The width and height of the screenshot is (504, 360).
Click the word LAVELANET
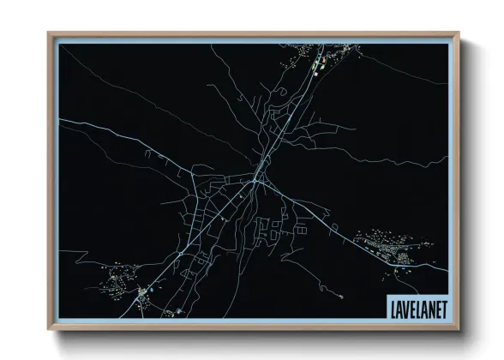(x=416, y=304)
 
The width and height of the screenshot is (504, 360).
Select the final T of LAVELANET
(x=442, y=304)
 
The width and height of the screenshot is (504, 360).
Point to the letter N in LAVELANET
(x=429, y=304)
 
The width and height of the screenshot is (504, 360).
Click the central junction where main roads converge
(x=256, y=181)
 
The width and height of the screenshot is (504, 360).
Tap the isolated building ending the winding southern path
(x=178, y=309)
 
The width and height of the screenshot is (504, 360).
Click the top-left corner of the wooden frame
(x=49, y=33)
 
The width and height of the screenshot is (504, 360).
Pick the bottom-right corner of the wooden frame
(x=459, y=328)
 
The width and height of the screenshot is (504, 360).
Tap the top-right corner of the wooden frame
(x=459, y=33)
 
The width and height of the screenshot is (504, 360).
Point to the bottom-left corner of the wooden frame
(x=49, y=328)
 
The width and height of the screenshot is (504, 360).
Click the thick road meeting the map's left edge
(x=60, y=120)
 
